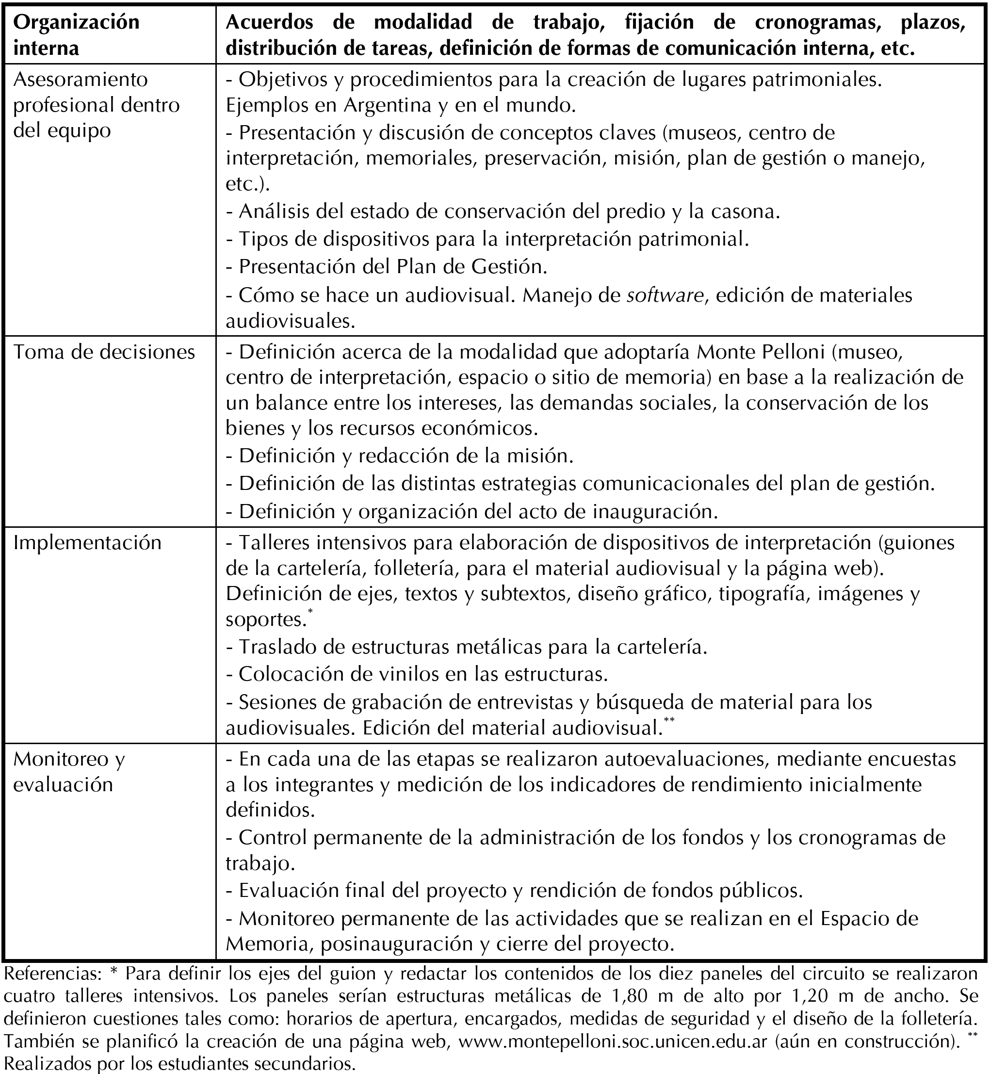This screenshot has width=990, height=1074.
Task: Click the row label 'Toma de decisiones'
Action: point(104,352)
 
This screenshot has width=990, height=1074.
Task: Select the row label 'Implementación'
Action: point(87,543)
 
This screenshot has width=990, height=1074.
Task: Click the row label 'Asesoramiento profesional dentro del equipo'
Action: point(97,105)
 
